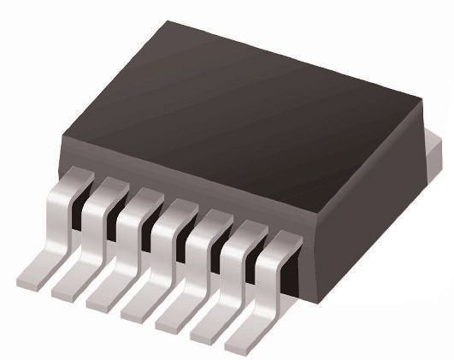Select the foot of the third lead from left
(108, 298)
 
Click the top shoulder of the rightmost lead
(279, 240)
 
